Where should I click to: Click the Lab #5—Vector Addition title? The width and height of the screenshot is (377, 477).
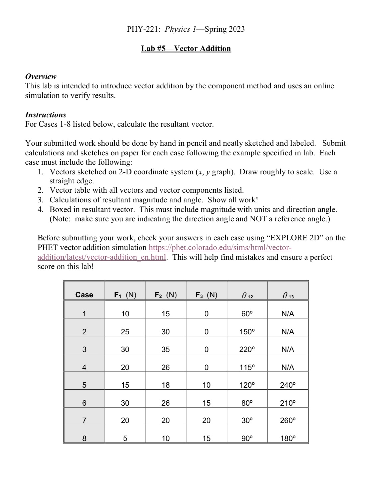(186, 49)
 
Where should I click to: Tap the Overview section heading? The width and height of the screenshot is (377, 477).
(41, 76)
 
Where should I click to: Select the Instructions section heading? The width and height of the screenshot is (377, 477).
(46, 115)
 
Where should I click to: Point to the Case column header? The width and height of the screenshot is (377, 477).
(84, 295)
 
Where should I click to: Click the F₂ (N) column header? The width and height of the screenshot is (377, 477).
(166, 295)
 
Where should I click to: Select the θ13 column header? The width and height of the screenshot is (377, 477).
(288, 295)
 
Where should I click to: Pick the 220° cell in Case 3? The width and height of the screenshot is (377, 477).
(247, 349)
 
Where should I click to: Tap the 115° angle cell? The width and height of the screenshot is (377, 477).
(247, 367)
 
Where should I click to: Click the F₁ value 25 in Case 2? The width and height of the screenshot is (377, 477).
(125, 332)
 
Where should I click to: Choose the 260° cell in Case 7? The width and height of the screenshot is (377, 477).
(288, 420)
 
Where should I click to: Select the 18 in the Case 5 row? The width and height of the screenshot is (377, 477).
(166, 385)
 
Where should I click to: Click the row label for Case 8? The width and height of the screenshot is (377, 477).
(84, 438)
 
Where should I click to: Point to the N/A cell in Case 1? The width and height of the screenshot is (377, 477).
(288, 314)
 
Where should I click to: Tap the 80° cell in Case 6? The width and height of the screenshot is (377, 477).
(247, 403)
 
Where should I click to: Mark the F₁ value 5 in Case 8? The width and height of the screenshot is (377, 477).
(125, 438)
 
